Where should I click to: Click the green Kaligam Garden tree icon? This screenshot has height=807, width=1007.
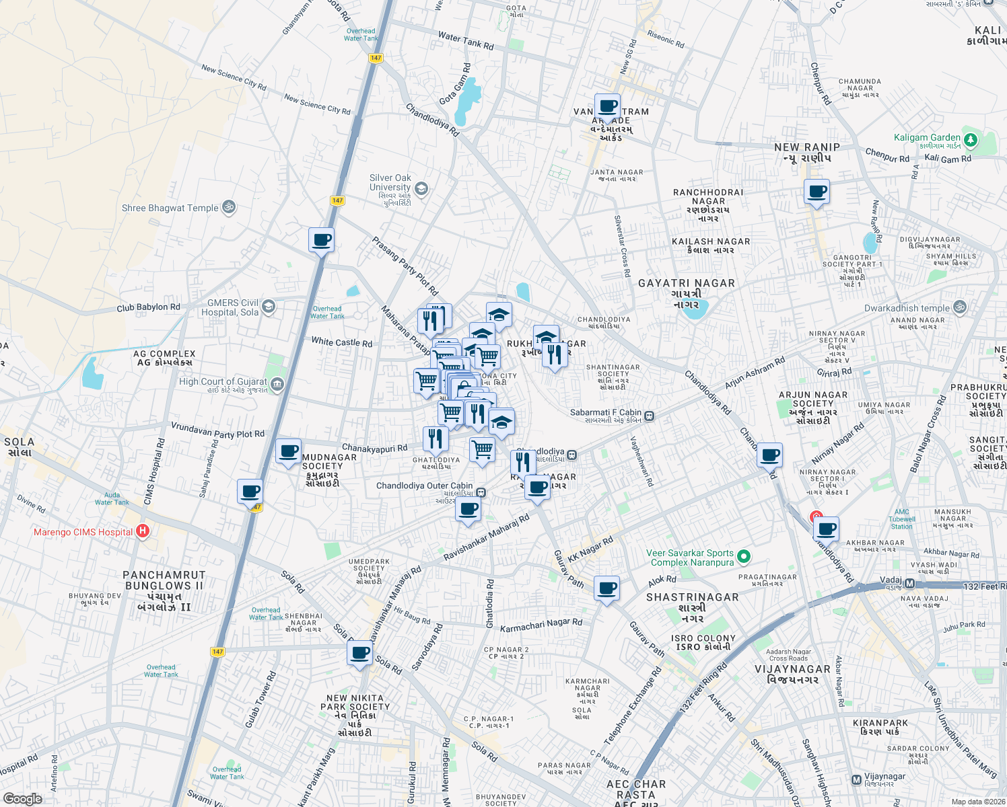point(970,140)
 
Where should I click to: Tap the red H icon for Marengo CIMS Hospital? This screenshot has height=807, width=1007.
point(142,531)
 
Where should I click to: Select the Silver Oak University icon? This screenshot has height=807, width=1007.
point(421,188)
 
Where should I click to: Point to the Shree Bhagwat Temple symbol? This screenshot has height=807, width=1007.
point(228,207)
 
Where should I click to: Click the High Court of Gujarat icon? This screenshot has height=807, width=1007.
point(277,384)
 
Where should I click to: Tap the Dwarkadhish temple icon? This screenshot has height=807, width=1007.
point(960,307)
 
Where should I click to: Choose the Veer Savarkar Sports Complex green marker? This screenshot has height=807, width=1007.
point(743,556)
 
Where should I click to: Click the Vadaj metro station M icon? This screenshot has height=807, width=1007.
point(909,584)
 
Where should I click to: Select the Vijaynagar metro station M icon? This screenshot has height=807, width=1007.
point(856,780)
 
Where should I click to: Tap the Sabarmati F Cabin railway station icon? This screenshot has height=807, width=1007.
point(649,416)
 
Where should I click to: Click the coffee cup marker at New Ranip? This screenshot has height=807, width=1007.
point(817,192)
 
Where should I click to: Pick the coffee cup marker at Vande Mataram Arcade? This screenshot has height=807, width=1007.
point(607,106)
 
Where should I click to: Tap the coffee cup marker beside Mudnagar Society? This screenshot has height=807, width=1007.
point(289,452)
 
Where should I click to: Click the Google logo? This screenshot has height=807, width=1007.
point(22,798)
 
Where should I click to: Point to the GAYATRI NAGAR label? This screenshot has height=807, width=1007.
point(686,283)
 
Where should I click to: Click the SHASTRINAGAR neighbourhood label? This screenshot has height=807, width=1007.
point(692,597)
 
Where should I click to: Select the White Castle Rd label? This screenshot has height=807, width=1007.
point(341,342)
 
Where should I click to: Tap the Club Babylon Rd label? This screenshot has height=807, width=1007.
point(148,307)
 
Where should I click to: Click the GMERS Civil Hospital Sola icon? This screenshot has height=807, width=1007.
point(268,307)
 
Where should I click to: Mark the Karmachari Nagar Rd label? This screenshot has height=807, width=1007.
point(541,625)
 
